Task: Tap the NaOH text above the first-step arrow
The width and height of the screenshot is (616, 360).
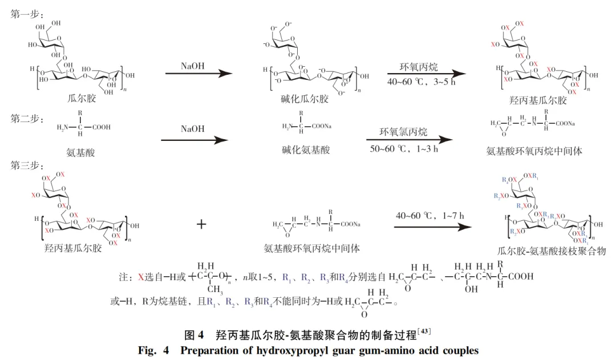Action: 193,66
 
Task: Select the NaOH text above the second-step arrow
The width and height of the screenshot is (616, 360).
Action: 193,129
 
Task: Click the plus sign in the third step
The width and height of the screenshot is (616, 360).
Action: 201,224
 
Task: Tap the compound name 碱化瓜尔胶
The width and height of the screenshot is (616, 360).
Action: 306,99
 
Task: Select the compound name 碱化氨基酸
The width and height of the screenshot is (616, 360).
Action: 306,150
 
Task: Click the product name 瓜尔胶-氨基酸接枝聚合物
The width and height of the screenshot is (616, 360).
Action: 551,251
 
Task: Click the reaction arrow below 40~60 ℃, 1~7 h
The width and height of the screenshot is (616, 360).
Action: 433,226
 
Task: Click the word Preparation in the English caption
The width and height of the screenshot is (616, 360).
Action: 212,350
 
